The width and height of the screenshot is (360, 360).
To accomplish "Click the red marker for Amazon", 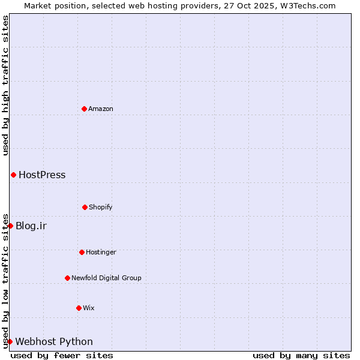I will click(x=84, y=109).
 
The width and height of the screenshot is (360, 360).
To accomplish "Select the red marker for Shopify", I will click(x=85, y=207).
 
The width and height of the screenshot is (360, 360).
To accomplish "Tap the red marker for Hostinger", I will click(x=82, y=252).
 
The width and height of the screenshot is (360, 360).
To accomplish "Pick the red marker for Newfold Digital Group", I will click(x=67, y=278).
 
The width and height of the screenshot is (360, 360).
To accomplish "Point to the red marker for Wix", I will click(x=79, y=308).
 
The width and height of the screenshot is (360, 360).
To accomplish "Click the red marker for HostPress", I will click(x=13, y=175).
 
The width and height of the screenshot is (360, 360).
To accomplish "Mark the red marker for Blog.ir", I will click(x=10, y=226).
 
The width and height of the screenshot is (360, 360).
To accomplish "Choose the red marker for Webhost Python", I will click(x=10, y=341).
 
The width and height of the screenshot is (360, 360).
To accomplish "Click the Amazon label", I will click(x=101, y=109).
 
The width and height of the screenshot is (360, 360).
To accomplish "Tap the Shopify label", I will click(x=101, y=207).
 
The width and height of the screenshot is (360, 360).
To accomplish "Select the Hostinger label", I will click(x=101, y=252).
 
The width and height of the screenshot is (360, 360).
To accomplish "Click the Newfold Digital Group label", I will click(x=106, y=278).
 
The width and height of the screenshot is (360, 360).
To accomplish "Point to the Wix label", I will click(x=89, y=308).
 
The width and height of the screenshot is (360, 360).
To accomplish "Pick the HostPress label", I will click(x=42, y=175).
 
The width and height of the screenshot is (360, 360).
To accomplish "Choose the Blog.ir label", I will click(x=31, y=226).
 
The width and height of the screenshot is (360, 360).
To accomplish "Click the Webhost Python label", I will click(x=54, y=342).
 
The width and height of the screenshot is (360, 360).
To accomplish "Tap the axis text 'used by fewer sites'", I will click(x=62, y=355).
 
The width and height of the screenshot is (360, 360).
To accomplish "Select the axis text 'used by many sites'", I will click(x=301, y=355).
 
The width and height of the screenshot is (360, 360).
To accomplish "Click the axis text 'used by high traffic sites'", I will click(x=5, y=85).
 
